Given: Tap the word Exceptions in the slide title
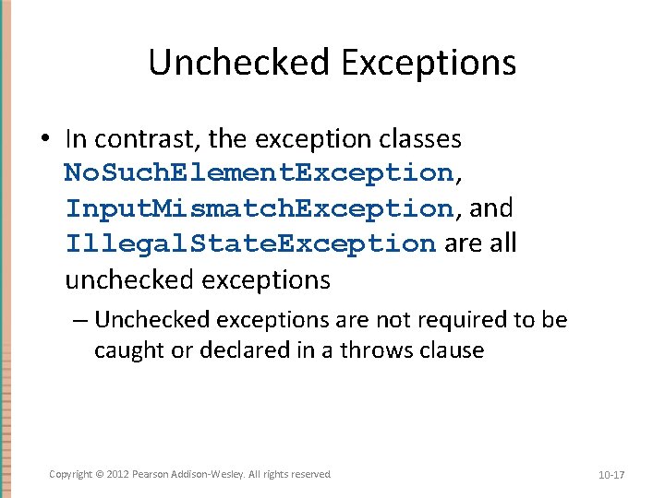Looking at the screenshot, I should click(428, 63).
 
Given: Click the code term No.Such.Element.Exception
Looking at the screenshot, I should click(258, 173).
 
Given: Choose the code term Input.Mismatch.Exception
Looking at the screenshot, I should click(258, 208).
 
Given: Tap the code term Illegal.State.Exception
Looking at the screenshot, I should click(249, 243).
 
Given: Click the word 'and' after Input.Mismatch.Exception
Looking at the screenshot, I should click(490, 208).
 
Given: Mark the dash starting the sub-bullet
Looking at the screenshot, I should click(80, 320).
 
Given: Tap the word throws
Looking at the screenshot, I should click(380, 350).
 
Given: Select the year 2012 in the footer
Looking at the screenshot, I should click(117, 474).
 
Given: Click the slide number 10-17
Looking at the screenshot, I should click(611, 475).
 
